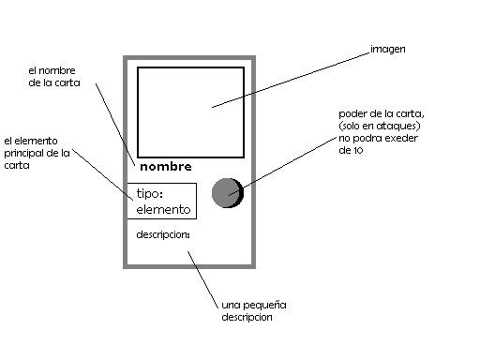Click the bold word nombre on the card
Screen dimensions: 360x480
click(x=165, y=167)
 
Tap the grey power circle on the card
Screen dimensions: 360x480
click(x=227, y=192)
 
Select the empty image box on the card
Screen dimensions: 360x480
click(x=190, y=112)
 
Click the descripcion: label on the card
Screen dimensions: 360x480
click(x=162, y=233)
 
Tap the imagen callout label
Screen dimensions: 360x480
click(x=387, y=48)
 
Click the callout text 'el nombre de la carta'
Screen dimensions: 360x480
click(x=53, y=76)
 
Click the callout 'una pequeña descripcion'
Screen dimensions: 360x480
click(x=253, y=310)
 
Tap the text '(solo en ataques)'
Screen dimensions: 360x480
click(x=378, y=127)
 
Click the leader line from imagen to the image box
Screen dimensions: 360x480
click(x=291, y=79)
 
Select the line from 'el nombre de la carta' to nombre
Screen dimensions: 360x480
click(x=112, y=126)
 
